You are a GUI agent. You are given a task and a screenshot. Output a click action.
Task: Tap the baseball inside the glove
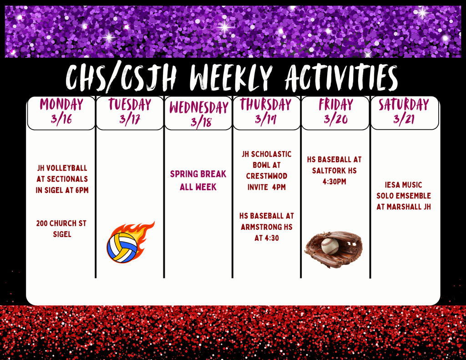pos(330,246)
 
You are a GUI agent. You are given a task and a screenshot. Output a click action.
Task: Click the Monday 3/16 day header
pos(61,113)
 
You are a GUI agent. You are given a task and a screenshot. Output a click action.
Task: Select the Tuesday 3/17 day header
pos(130,113)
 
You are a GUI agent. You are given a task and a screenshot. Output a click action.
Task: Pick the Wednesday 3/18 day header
pos(198,113)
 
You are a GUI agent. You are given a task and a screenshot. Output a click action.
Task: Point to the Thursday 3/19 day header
pos(266,113)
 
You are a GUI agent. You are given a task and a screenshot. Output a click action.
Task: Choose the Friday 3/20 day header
pos(335,113)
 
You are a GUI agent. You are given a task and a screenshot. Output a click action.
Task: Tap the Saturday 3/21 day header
pos(405,113)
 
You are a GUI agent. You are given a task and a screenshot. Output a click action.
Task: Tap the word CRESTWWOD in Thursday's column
pos(267,176)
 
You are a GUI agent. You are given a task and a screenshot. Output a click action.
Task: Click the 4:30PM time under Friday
pos(334,182)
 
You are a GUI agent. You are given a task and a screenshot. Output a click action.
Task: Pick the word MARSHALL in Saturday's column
pos(405,207)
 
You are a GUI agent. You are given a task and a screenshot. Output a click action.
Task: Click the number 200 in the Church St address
pos(42,223)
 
